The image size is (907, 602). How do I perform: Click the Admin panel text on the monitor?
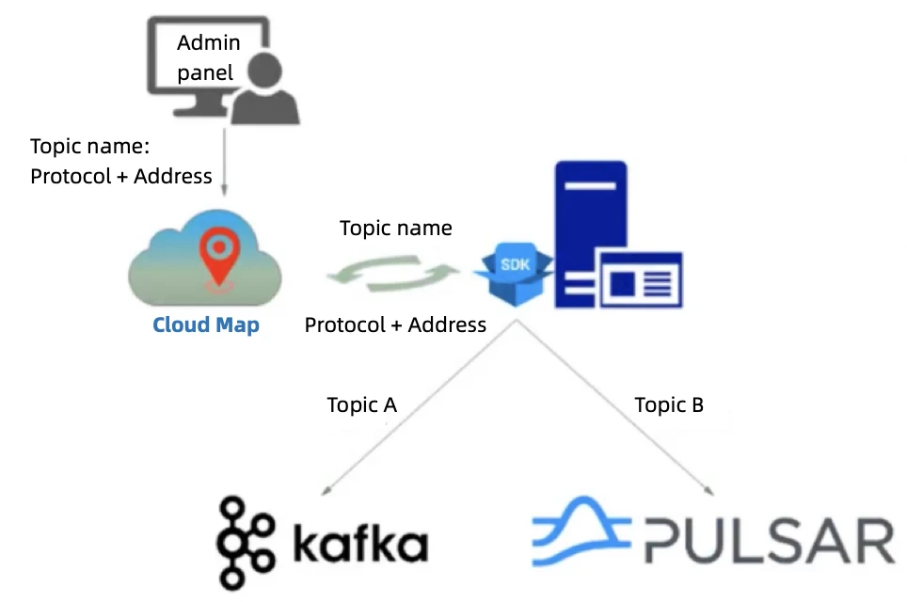[x=209, y=57]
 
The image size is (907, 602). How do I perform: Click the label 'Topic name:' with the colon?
[x=90, y=147]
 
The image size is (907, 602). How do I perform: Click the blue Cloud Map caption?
[x=206, y=325]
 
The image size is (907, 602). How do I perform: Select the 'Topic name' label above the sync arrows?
[x=395, y=229]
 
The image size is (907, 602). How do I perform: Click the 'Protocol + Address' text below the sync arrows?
[x=395, y=325]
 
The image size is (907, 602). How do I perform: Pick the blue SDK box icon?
[x=514, y=273]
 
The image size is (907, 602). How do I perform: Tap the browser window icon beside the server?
[x=642, y=279]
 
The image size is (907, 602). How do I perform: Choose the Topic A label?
[x=362, y=405]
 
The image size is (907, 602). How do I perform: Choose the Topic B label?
[x=669, y=405]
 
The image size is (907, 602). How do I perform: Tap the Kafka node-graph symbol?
[x=247, y=544]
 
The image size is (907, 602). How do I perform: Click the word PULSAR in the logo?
[x=768, y=540]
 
